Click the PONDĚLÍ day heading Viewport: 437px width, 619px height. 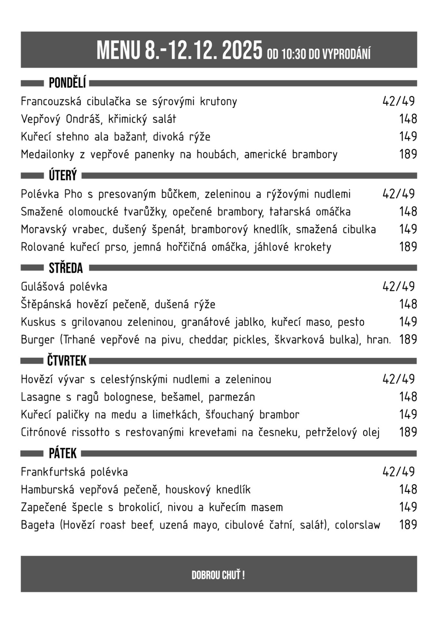(x=67, y=83)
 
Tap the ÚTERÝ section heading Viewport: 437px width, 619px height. (x=63, y=176)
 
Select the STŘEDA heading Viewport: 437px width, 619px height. (x=66, y=268)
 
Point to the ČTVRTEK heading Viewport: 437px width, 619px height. (x=67, y=361)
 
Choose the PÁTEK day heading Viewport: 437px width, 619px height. (x=62, y=453)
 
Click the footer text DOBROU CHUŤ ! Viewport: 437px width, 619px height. (x=218, y=575)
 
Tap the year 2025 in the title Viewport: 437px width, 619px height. (x=242, y=51)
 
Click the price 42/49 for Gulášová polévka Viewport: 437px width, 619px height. (x=398, y=286)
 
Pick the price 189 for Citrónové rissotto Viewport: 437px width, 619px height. (x=408, y=432)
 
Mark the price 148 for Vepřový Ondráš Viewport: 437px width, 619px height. (x=408, y=119)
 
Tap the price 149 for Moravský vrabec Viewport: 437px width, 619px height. (x=408, y=229)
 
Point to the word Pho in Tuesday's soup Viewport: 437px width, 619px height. (x=73, y=194)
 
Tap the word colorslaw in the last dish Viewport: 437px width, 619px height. (x=357, y=525)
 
